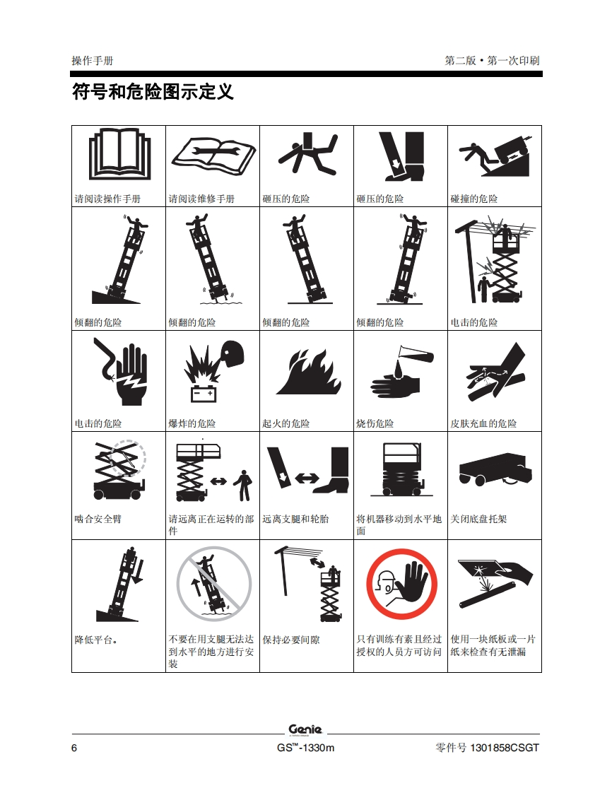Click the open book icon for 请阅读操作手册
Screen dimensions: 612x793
click(120, 154)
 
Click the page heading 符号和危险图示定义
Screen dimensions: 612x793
click(153, 92)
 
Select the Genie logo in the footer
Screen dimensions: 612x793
click(305, 730)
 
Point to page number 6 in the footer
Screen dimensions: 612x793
click(74, 748)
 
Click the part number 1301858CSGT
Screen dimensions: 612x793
click(505, 748)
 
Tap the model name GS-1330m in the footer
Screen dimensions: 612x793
click(305, 748)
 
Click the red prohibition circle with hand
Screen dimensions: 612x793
click(401, 584)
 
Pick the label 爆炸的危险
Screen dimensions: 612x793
click(192, 423)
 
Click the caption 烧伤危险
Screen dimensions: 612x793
click(375, 423)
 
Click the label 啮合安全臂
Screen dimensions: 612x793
click(98, 519)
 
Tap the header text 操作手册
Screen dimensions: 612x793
click(93, 61)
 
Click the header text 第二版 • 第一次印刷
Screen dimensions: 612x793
click(492, 61)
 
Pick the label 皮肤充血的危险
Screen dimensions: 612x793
click(483, 423)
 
